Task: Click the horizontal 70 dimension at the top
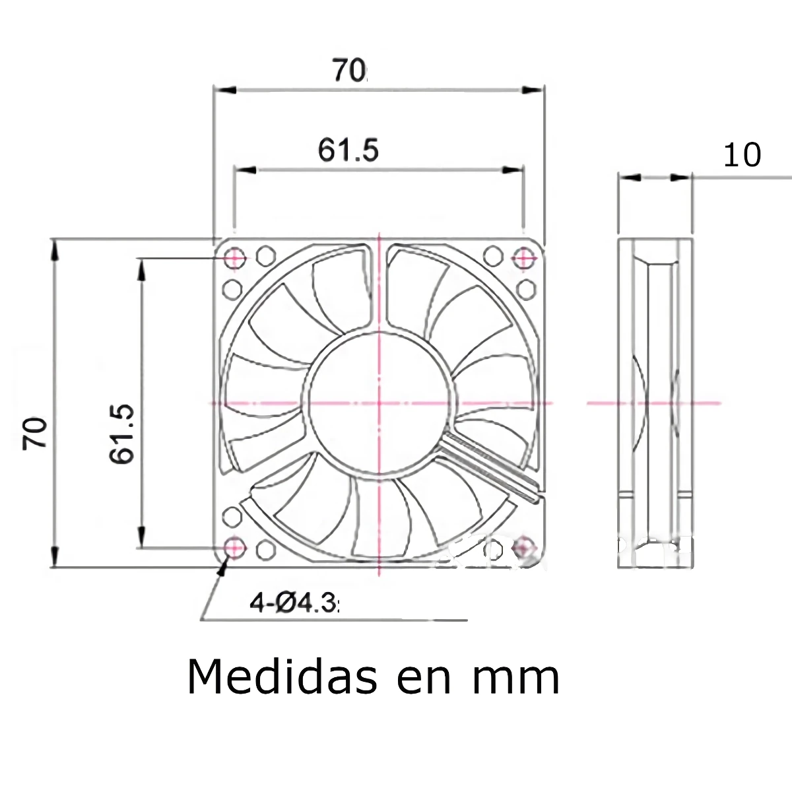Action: pyautogui.click(x=348, y=70)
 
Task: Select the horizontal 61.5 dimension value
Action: pyautogui.click(x=348, y=150)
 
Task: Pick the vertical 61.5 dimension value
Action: pyautogui.click(x=123, y=434)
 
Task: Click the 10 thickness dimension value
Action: pyautogui.click(x=742, y=156)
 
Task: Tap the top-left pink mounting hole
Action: pyautogui.click(x=234, y=257)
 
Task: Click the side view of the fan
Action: pyautogui.click(x=655, y=403)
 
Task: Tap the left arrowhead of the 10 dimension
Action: pyautogui.click(x=631, y=177)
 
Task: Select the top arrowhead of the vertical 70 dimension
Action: pyautogui.click(x=55, y=247)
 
